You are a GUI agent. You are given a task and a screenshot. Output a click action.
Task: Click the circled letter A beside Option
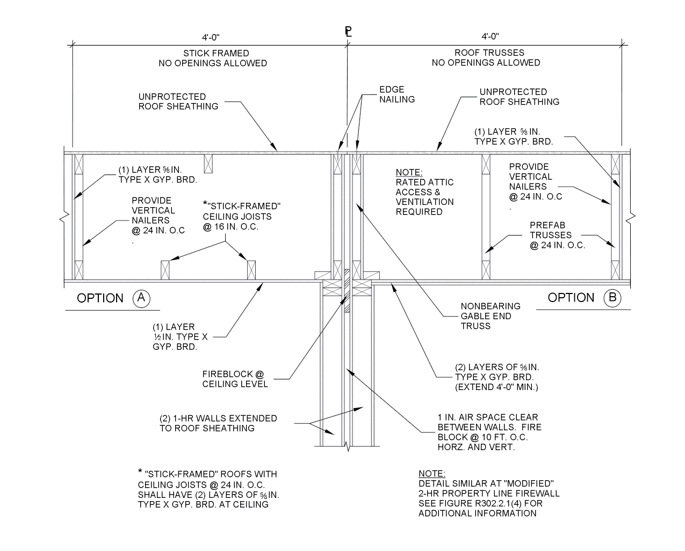pyautogui.click(x=141, y=298)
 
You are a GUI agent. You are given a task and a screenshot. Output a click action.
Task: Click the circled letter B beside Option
pyautogui.click(x=612, y=298)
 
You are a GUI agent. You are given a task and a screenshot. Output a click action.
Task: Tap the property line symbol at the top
pyautogui.click(x=348, y=32)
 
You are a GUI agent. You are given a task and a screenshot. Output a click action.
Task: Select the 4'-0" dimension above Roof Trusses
pyautogui.click(x=490, y=36)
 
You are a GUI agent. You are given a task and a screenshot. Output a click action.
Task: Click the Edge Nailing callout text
pyautogui.click(x=396, y=94)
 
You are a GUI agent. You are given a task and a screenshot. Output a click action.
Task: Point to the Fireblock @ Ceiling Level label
pyautogui.click(x=235, y=379)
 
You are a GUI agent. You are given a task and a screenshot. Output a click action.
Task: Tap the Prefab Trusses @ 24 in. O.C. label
pyautogui.click(x=557, y=235)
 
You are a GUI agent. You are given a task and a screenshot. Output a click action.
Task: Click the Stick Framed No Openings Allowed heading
pyautogui.click(x=212, y=58)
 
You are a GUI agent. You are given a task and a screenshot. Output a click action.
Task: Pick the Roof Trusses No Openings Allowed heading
pyautogui.click(x=486, y=57)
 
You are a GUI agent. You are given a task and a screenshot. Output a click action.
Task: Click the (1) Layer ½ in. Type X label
pyautogui.click(x=180, y=336)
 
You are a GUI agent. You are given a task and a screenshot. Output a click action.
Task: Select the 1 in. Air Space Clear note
pyautogui.click(x=489, y=432)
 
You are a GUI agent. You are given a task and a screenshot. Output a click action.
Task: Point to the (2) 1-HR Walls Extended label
pyautogui.click(x=218, y=423)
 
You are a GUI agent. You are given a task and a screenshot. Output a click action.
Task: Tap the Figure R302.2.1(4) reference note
pyautogui.click(x=488, y=493)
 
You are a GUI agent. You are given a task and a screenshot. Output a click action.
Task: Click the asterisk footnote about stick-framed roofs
pyautogui.click(x=208, y=489)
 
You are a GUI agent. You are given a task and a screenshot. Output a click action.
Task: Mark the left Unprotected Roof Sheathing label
pyautogui.click(x=178, y=101)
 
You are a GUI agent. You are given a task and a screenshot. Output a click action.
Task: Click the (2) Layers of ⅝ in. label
pyautogui.click(x=496, y=377)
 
